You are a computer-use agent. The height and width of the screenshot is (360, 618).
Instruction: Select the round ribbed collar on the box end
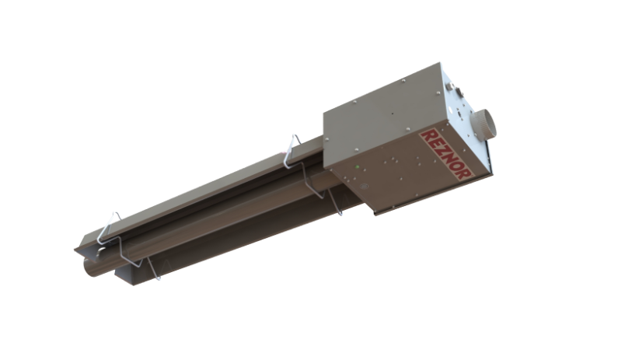point(484,124)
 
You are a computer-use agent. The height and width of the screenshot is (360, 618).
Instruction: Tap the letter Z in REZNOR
point(440,151)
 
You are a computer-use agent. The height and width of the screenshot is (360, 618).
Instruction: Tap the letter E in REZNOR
point(433,143)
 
